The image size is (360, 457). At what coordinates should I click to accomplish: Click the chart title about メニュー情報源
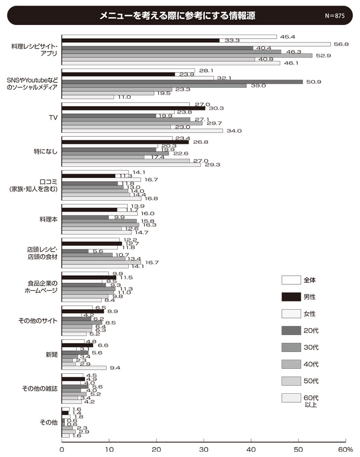177,15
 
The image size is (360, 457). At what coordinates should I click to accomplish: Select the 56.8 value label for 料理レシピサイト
340,44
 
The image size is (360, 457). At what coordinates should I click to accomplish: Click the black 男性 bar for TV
133,108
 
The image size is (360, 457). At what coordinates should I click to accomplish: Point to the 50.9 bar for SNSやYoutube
182,82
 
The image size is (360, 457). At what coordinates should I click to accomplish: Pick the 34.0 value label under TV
234,131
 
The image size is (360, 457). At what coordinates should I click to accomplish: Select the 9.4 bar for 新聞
84,368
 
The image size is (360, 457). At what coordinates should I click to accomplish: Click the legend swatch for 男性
291,297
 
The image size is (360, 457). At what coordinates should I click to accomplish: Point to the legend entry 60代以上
311,401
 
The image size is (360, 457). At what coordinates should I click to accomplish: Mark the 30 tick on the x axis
204,450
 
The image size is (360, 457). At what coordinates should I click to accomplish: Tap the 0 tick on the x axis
62,450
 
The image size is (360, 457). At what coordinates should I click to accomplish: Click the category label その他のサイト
38,320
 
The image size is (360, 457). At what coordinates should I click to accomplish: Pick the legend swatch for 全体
291,280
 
